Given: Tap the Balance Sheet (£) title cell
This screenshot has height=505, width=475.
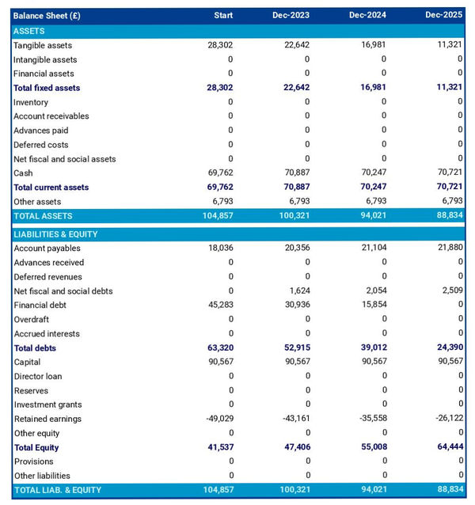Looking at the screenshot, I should click(47, 15).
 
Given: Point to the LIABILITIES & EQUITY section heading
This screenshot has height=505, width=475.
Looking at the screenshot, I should click(60, 234).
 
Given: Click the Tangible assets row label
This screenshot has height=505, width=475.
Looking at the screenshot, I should click(42, 45).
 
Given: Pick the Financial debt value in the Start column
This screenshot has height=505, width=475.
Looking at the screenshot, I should click(219, 306).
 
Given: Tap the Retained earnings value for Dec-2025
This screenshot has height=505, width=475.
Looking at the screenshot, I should click(447, 420).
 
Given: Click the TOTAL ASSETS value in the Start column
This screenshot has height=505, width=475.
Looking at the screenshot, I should click(217, 216).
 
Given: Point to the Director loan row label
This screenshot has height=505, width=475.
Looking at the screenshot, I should click(37, 377).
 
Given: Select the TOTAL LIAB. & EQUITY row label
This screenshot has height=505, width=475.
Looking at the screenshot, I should click(57, 490).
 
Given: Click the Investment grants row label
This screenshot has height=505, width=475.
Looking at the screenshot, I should click(47, 405).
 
